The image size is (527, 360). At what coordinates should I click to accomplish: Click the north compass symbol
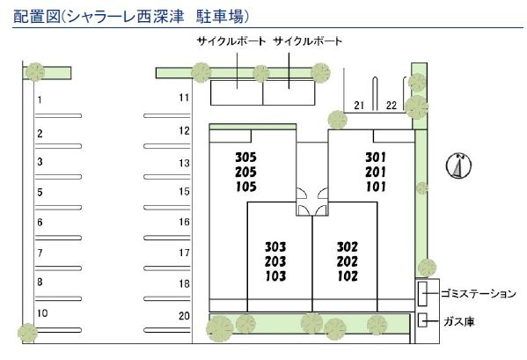coord(458,165)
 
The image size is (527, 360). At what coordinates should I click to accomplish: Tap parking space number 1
coord(40,99)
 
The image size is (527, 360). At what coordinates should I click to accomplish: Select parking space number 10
coord(42,313)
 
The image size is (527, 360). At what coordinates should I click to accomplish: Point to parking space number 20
coord(184,316)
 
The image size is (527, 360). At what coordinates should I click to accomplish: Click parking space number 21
coord(359,106)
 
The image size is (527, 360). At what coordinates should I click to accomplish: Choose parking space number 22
coord(392,106)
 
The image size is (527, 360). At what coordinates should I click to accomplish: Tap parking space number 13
coord(184,164)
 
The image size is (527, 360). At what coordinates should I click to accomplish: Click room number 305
coord(245,158)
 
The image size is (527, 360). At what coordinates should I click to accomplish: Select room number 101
coord(376,187)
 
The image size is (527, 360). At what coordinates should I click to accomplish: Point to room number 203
coord(275,261)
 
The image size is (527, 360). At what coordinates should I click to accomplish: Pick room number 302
coord(348,247)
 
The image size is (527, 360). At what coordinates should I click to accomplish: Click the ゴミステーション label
coord(479,294)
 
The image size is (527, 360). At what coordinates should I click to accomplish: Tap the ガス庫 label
coord(459,321)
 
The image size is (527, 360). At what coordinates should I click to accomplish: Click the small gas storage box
coord(422,320)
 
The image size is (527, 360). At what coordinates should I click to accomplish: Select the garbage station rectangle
coord(422,294)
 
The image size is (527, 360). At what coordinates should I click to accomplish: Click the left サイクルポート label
coord(231,41)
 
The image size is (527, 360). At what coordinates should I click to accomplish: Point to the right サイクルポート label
coord(308,41)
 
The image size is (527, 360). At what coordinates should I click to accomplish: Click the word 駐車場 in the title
coord(220,16)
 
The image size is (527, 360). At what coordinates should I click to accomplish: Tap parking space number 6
coord(40,223)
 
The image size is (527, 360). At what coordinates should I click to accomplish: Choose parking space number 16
coord(184,222)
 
